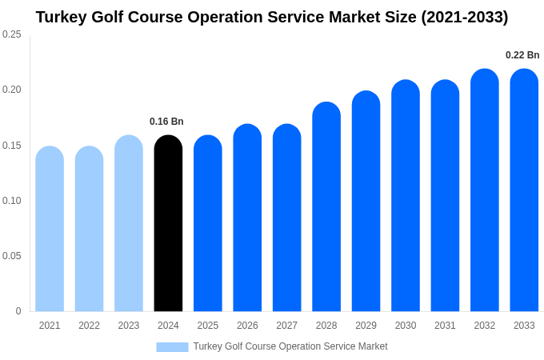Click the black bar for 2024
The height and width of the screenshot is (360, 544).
(x=168, y=224)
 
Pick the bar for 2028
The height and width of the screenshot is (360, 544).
(x=326, y=207)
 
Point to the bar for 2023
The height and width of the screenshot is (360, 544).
(x=129, y=224)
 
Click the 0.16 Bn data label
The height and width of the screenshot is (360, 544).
(x=166, y=122)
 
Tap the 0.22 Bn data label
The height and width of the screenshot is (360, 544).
(x=522, y=55)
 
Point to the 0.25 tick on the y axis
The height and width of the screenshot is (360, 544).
(x=12, y=34)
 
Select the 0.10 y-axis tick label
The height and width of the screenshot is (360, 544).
(x=12, y=201)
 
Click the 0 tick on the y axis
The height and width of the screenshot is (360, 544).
(x=18, y=311)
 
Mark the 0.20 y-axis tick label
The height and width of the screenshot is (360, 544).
(x=12, y=90)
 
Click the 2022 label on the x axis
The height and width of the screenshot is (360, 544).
(x=89, y=326)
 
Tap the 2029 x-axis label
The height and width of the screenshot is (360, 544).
(x=366, y=326)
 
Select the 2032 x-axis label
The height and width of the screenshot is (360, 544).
(x=484, y=326)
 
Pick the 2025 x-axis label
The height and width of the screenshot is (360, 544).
(x=208, y=326)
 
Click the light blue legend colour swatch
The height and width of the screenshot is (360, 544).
(x=172, y=346)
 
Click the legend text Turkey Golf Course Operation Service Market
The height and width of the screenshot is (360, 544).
(x=290, y=346)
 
